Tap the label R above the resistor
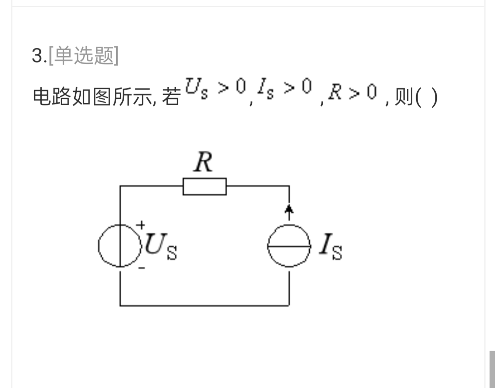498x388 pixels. coord(203,162)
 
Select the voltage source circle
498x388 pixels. coord(98,246)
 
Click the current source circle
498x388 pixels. coord(268,246)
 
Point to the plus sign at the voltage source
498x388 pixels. coord(141,225)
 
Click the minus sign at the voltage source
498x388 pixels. coord(142,268)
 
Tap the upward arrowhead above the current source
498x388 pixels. coord(289,209)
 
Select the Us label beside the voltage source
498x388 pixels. coord(161,246)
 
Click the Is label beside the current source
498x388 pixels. coord(331,246)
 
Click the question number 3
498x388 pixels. coord(38,56)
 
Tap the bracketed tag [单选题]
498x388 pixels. coord(84,55)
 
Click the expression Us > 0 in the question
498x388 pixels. coord(215,88)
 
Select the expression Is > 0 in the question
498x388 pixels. coord(284,88)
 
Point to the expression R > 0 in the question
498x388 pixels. coord(353,92)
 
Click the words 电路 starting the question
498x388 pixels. coord(52,96)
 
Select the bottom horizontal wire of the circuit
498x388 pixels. coord(205,306)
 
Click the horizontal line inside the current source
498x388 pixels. coord(289,246)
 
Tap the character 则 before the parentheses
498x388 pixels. coord(404,96)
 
